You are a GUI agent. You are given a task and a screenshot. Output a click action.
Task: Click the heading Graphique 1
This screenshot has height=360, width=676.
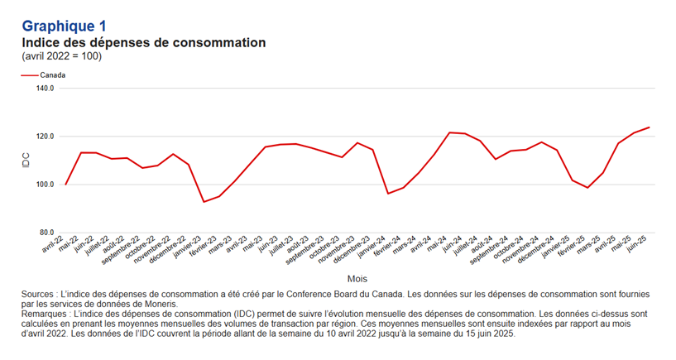pos(64,26)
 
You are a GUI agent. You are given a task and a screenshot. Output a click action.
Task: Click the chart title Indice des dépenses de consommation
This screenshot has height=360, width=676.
pos(143,42)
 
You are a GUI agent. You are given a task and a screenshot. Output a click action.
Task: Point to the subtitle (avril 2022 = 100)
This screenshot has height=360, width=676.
pos(61,56)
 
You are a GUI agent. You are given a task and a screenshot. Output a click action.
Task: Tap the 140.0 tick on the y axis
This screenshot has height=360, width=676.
pos(46,88)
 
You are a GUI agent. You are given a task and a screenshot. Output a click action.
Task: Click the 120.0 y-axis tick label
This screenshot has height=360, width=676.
pos(46,136)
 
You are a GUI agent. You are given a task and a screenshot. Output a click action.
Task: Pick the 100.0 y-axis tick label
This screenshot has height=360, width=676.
pos(46,184)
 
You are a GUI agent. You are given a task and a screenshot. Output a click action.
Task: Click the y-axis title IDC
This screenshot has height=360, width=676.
pos(25,161)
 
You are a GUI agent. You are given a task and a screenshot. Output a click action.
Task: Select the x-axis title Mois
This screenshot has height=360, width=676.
pos(357,278)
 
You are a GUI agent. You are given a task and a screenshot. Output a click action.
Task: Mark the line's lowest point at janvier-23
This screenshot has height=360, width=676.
pos(204,202)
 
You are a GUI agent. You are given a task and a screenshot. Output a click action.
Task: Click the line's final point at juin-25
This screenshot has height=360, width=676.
pos(650,127)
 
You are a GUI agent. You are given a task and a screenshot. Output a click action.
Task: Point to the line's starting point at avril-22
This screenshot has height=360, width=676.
pos(65,185)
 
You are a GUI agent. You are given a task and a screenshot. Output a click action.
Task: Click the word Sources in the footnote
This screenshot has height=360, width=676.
pos(40,294)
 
